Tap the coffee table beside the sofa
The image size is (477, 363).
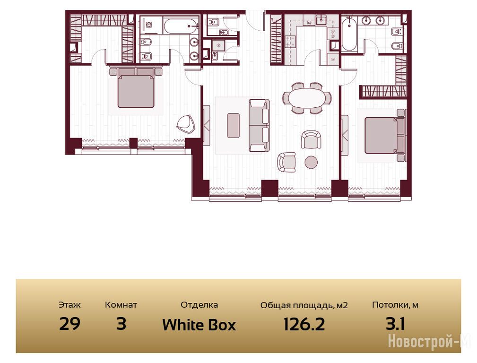234,125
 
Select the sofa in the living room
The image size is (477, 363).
259,125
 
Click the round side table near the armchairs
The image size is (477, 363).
311,162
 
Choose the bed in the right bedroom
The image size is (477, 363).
385,135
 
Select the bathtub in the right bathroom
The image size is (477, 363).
349,35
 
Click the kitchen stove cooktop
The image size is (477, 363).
290,42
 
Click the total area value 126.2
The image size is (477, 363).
304,324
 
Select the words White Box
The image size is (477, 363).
199,325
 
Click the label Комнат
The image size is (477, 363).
121,304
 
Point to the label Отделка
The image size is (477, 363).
199,304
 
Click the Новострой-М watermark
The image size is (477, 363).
429,341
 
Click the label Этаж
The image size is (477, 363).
69,304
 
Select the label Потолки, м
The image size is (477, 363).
395,305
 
